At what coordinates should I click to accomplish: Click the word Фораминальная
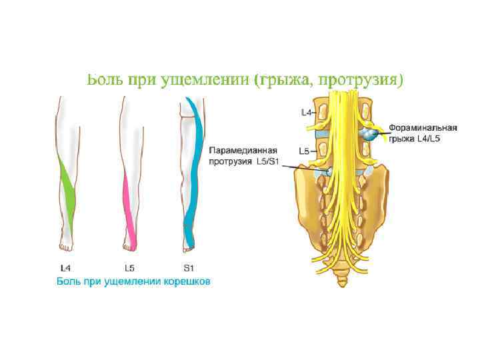click(x=423, y=127)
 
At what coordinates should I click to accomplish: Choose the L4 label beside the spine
click(x=307, y=112)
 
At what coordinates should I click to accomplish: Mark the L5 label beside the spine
click(x=303, y=151)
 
